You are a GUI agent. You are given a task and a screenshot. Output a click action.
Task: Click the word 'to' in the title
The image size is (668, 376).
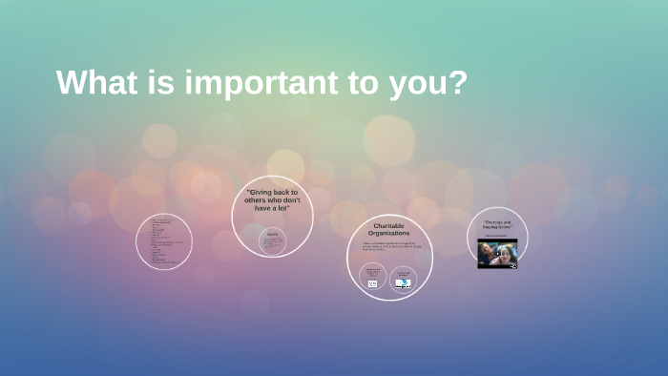point(369,83)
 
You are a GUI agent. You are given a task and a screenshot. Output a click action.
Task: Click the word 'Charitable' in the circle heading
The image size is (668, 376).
point(389,225)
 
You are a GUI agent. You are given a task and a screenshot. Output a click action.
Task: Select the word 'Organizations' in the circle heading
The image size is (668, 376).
point(389,233)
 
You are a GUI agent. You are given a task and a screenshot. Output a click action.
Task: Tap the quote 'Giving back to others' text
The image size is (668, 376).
point(272,200)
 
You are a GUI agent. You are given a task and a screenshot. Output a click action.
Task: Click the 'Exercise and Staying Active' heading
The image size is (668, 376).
point(497,225)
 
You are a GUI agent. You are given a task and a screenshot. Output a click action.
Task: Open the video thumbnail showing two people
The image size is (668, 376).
point(497,253)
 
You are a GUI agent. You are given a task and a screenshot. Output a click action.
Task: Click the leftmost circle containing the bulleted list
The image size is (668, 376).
point(164,241)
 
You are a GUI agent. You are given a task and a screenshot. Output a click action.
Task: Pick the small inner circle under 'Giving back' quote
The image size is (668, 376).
point(273,240)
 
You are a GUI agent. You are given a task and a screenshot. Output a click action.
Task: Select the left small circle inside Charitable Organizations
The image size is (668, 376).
point(373,277)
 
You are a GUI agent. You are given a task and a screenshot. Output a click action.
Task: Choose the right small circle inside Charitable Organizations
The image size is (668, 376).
point(404,277)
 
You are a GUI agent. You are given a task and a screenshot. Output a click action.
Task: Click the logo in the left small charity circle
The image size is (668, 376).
point(373,283)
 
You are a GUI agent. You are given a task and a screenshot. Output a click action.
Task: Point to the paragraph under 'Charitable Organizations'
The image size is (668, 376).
point(388,246)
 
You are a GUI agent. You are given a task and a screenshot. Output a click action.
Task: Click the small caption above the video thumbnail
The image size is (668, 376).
point(497,236)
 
